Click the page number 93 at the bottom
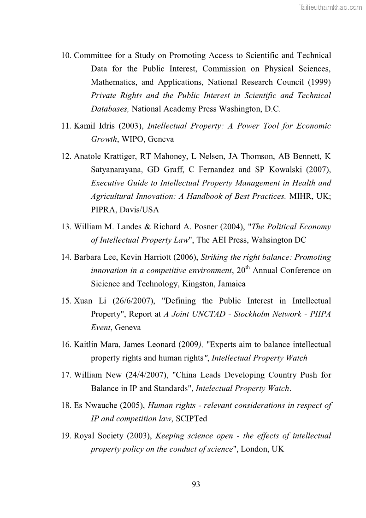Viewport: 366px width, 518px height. [195, 484]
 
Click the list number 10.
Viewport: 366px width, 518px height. [66, 56]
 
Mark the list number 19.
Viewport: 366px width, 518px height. [66, 436]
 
